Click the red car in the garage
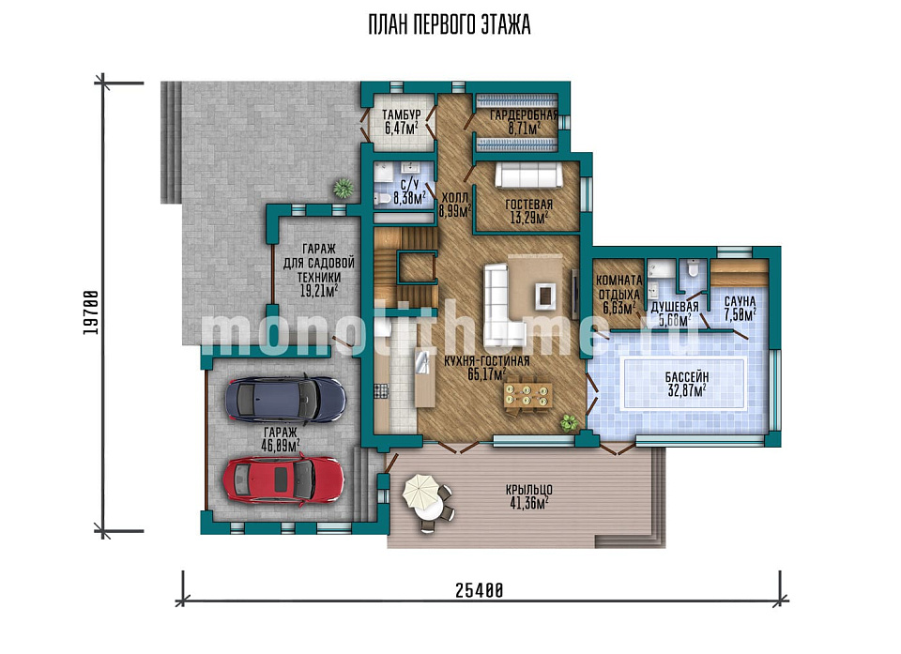pos(283,479)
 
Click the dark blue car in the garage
pos(285,399)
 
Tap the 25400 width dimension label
pos(480,590)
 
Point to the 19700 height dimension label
pos(90,312)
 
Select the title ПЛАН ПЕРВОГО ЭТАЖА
pos(450,24)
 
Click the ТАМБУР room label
pos(401,114)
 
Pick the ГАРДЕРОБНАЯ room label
pos(524,115)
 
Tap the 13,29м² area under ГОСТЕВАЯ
pos(528,218)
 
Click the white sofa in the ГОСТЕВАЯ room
pos(528,175)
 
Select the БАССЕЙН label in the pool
pos(687,377)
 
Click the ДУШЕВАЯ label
pos(675,307)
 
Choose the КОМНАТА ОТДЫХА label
pos(619,287)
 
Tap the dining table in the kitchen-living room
pos(528,395)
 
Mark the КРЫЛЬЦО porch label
pos(528,490)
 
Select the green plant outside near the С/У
pos(344,188)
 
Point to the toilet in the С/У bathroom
pos(383,200)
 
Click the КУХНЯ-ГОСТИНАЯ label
pos(487,361)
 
